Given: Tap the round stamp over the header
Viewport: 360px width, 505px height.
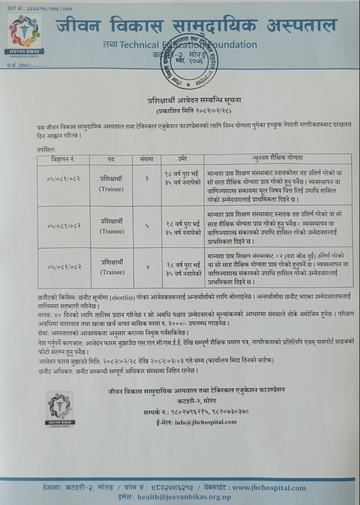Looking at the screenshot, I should click(190, 61).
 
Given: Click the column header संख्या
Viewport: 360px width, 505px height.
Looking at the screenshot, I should click(147, 160).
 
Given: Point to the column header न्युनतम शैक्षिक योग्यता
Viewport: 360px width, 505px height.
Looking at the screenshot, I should click(272, 160).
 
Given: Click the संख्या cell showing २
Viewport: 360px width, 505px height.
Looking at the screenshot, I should click(147, 179).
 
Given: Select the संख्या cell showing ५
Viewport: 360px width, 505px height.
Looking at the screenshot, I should click(147, 226).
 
